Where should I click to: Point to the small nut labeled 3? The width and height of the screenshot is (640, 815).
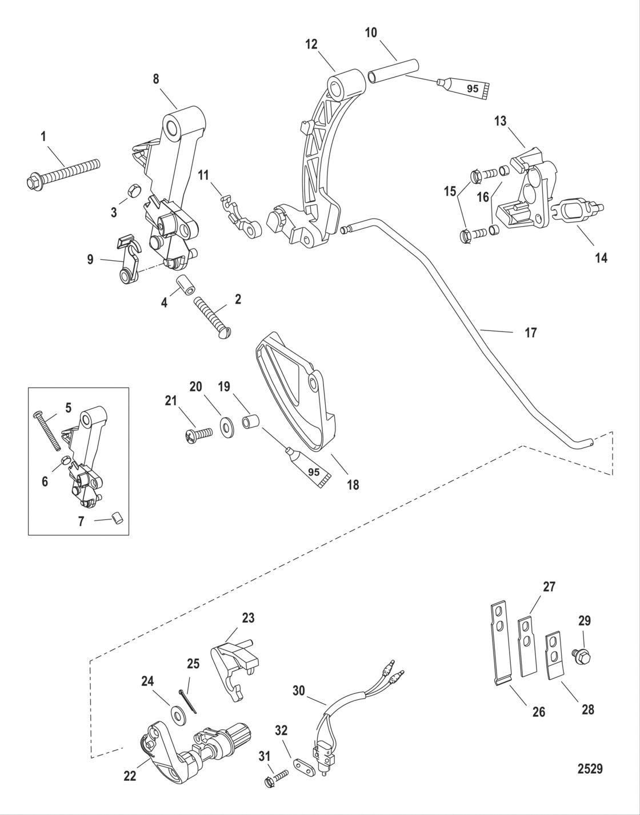[x=130, y=189]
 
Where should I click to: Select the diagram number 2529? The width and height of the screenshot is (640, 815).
[x=589, y=769]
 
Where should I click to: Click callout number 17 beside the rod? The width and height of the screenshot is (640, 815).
[x=530, y=332]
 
